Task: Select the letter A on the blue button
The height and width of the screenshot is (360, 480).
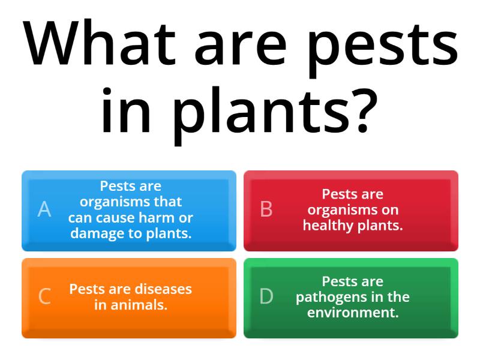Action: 44,209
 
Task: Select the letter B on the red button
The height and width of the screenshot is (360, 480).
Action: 266,209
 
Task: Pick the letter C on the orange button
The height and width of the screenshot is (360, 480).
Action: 44,296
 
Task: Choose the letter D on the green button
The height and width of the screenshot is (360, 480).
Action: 266,296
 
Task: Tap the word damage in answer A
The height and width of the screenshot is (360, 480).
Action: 94,233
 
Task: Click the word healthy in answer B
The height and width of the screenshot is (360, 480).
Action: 327,226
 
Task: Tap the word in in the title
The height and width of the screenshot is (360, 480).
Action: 123,111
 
